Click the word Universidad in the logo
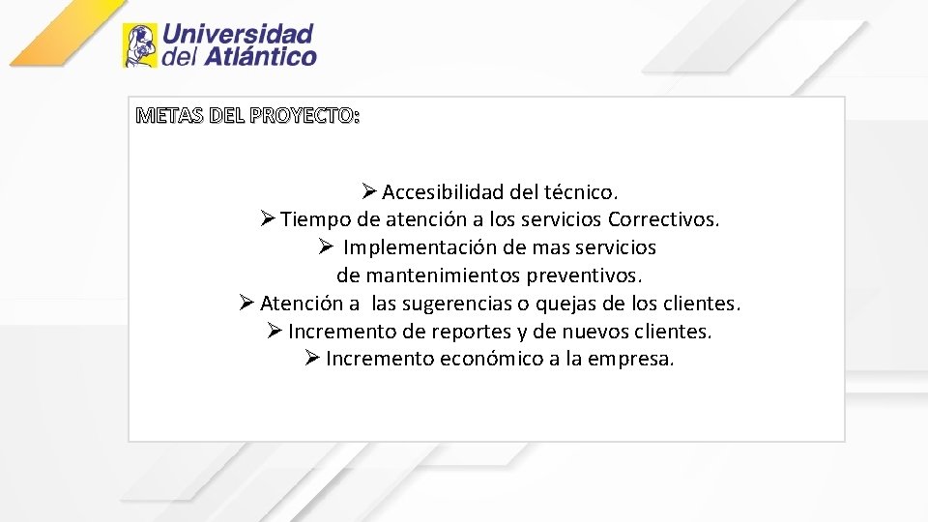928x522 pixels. (x=238, y=34)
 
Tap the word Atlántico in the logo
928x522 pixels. (x=259, y=57)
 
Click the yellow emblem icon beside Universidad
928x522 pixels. (x=139, y=45)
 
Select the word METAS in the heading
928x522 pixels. (x=163, y=117)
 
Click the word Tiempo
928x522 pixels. (x=315, y=219)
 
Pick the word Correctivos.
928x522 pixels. (x=664, y=219)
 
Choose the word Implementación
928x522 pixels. (x=420, y=247)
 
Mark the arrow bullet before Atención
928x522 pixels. (x=246, y=304)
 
